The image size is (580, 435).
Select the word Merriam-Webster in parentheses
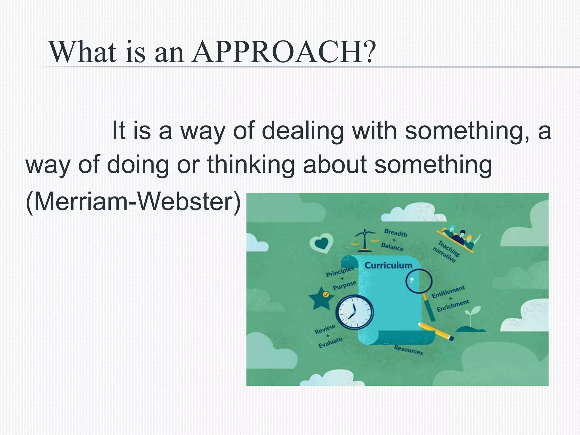point(133,202)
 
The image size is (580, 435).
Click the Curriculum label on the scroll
point(388,265)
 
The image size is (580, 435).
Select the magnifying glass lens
point(419,281)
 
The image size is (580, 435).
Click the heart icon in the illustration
point(322,243)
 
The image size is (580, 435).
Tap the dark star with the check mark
point(321,298)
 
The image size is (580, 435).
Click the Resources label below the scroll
point(408,350)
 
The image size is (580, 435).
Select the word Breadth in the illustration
point(395,233)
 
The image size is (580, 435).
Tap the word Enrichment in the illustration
point(453,306)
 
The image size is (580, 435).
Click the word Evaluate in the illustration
point(330,342)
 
